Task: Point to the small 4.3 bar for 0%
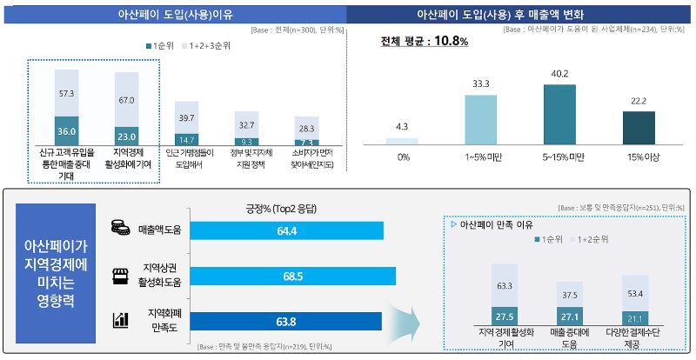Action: [402, 140]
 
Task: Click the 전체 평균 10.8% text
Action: [425, 42]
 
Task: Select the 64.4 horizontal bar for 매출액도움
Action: [285, 230]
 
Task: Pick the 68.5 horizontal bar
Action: [291, 276]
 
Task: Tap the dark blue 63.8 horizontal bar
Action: [284, 321]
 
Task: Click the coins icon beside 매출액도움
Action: [119, 229]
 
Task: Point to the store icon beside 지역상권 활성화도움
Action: [119, 276]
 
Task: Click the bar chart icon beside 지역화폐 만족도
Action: [119, 321]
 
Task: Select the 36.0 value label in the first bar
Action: [67, 130]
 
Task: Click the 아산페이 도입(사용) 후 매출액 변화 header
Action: [521, 14]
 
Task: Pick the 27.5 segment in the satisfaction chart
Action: [504, 316]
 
